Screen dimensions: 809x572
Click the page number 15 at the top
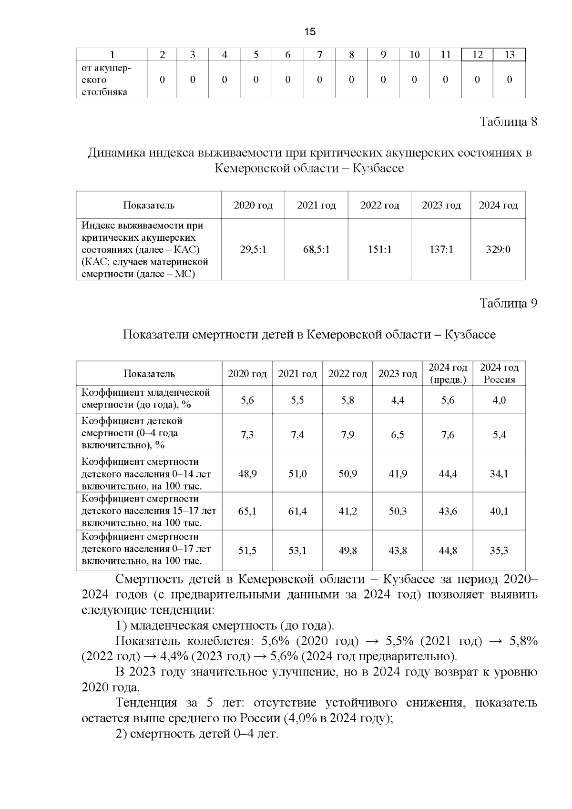click(x=309, y=32)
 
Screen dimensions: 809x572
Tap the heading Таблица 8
click(x=508, y=122)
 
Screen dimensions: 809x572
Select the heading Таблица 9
click(x=508, y=303)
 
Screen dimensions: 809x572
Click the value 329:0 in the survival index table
click(x=498, y=249)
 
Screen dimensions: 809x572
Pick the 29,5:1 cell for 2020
click(x=253, y=249)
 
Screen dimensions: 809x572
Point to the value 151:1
click(x=379, y=249)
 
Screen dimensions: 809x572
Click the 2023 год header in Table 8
click(x=441, y=205)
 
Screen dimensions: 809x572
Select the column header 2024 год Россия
click(x=499, y=373)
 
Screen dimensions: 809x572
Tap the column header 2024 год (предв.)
click(x=448, y=373)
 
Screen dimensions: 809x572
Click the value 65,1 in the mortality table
click(x=247, y=511)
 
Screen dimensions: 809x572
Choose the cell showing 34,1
click(x=499, y=474)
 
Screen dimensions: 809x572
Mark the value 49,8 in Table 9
click(x=347, y=551)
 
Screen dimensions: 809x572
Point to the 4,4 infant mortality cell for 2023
click(x=398, y=400)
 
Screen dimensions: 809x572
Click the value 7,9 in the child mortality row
click(x=347, y=435)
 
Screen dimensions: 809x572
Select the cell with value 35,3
click(x=499, y=551)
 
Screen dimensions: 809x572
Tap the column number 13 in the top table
click(x=509, y=55)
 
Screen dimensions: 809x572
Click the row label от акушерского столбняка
click(x=106, y=80)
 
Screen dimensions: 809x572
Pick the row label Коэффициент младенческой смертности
click(x=146, y=399)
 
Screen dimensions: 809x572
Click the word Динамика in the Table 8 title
click(x=116, y=153)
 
